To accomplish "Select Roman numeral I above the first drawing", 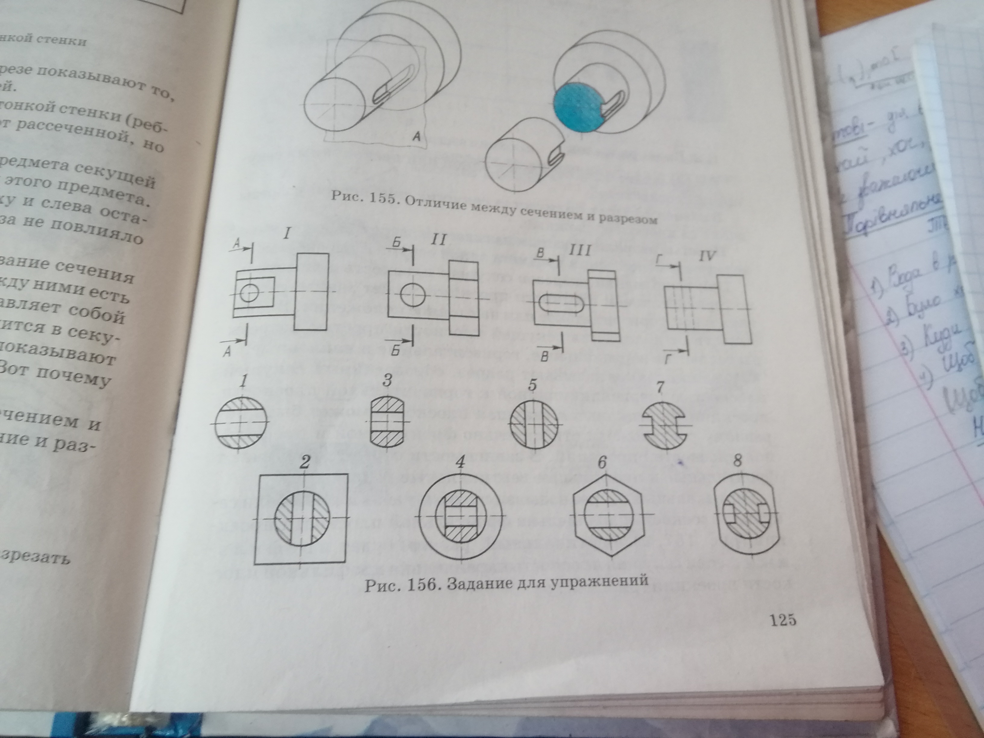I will [x=287, y=234].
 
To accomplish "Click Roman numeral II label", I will [x=438, y=241].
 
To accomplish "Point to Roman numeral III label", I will [x=581, y=251].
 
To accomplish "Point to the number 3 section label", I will [x=387, y=380].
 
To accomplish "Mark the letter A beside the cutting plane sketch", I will [x=416, y=136].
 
